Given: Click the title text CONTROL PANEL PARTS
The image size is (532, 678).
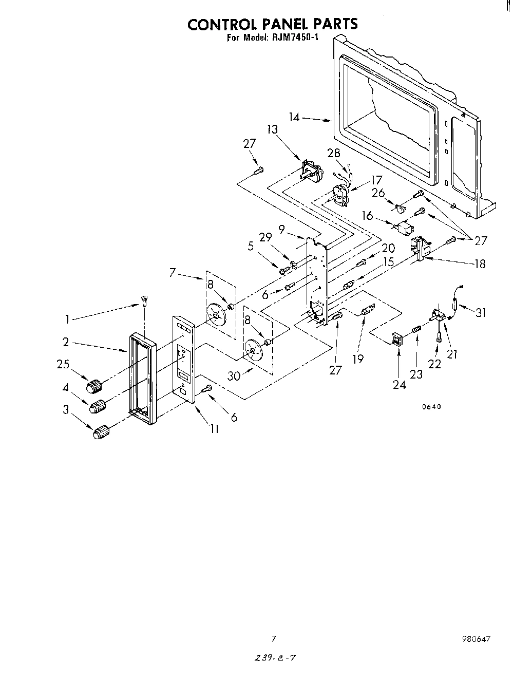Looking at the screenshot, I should (272, 24).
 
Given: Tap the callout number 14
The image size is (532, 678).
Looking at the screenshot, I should (294, 117).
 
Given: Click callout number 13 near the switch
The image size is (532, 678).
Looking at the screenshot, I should (272, 129).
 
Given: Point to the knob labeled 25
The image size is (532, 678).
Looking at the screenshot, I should (94, 385).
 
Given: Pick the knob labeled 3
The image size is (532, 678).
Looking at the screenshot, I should (101, 432).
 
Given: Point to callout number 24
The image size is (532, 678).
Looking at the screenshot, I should (399, 384).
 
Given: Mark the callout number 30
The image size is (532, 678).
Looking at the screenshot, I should (234, 375).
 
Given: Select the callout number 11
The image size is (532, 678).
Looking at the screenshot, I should (214, 428).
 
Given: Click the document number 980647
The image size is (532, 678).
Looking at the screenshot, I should (477, 639).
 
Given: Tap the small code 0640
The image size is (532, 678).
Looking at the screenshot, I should (431, 407).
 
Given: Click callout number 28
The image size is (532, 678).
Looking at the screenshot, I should (334, 153).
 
